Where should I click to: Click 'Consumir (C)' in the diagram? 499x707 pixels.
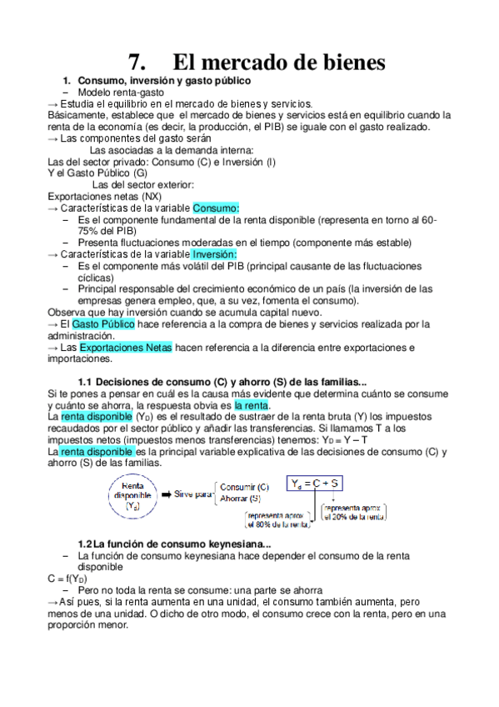tap(244, 486)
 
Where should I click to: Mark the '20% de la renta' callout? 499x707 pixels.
tap(353, 512)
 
